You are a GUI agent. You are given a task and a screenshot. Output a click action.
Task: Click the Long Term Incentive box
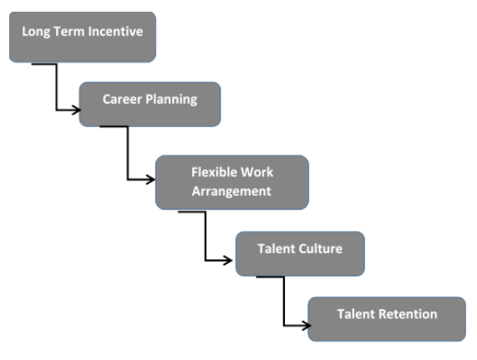point(82,37)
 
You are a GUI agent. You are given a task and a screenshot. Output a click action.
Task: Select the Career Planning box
point(150,104)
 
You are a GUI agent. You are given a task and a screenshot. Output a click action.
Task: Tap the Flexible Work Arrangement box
point(231,182)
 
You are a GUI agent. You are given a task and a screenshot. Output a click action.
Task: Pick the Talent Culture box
point(299,253)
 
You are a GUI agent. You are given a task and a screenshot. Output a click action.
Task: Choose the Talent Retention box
point(387,318)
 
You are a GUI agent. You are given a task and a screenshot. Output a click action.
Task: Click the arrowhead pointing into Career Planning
point(75,109)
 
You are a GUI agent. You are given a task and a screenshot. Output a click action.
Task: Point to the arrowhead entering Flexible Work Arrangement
point(151,179)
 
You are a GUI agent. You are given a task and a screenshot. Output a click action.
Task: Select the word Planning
point(173,99)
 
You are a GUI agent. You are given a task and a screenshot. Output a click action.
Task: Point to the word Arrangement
point(231,191)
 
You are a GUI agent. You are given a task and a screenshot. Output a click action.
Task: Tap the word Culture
point(320,249)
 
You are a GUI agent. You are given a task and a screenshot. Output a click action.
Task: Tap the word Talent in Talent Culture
point(277,249)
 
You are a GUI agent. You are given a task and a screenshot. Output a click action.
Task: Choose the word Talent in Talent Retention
point(356,315)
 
